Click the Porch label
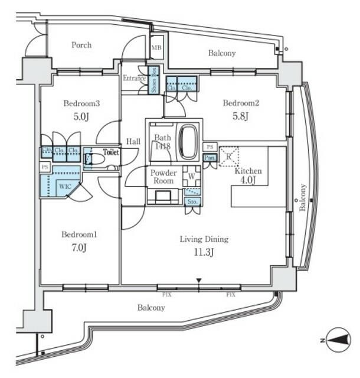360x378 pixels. [81, 45]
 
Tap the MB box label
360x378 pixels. [156, 48]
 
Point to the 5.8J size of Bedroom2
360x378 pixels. [240, 116]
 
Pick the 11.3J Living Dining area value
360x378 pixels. [204, 252]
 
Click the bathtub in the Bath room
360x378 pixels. [188, 142]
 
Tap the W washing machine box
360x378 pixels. [192, 175]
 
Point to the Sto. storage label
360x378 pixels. [192, 201]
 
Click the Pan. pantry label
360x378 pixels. [209, 158]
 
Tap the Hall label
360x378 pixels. [132, 141]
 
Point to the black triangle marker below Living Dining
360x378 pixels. [199, 281]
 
